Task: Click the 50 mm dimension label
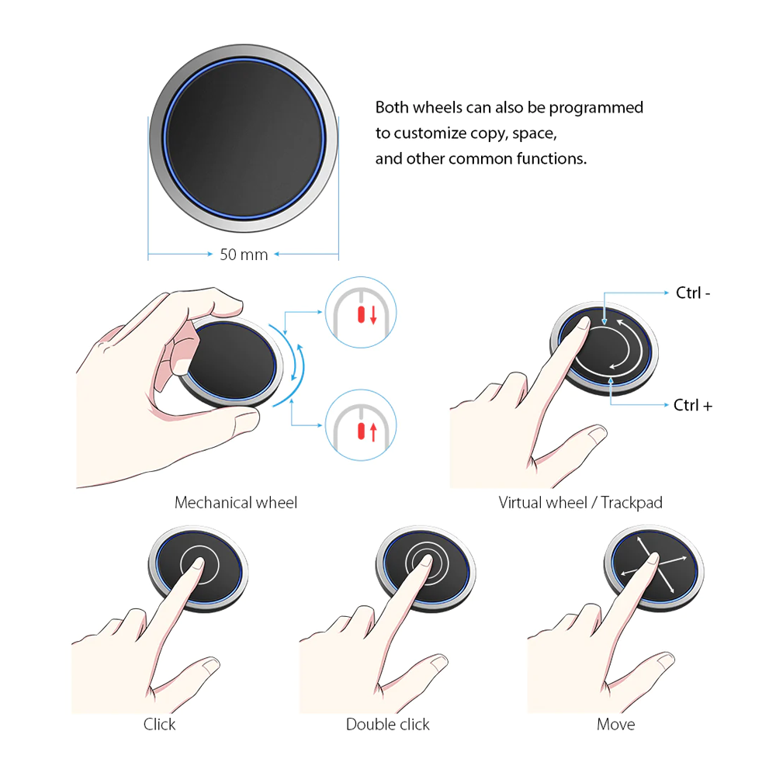tap(244, 255)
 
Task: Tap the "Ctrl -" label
tap(693, 293)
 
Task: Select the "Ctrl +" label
tap(693, 405)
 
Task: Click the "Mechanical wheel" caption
tap(236, 503)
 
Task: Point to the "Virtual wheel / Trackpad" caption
tap(580, 503)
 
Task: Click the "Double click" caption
tap(387, 725)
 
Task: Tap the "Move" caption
tap(615, 725)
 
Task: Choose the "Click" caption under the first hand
tap(159, 725)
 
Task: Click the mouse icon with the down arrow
tap(361, 312)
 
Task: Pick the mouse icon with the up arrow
tap(361, 425)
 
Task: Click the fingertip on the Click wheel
tap(199, 563)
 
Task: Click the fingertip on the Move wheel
tap(653, 558)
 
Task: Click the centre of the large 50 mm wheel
tap(244, 138)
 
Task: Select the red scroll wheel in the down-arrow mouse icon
tap(362, 315)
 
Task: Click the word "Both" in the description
tap(392, 107)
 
